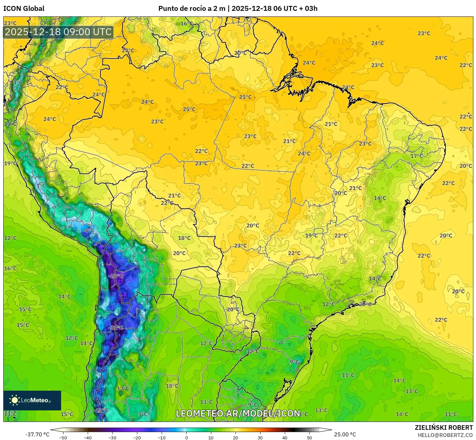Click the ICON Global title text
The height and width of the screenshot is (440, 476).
(24, 9)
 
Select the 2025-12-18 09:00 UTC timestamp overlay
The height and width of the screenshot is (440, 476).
(58, 32)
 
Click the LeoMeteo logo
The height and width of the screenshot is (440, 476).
(32, 400)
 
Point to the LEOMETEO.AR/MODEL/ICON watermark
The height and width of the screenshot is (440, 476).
(238, 413)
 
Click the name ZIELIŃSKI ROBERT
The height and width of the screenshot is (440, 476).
(443, 428)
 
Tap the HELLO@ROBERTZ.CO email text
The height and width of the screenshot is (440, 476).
(445, 435)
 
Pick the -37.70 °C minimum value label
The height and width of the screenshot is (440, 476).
(37, 434)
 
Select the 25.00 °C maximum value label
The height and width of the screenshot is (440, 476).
(345, 434)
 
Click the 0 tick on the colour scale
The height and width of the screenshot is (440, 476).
(186, 438)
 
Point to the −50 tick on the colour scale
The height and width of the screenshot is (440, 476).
(63, 438)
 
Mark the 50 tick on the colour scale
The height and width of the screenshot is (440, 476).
(309, 438)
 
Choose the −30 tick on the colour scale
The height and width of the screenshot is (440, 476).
(112, 438)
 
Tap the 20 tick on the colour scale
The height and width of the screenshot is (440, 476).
(236, 438)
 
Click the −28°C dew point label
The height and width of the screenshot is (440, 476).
(116, 276)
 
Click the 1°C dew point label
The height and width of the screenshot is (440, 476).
(41, 185)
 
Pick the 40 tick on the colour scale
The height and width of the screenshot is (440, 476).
(285, 438)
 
